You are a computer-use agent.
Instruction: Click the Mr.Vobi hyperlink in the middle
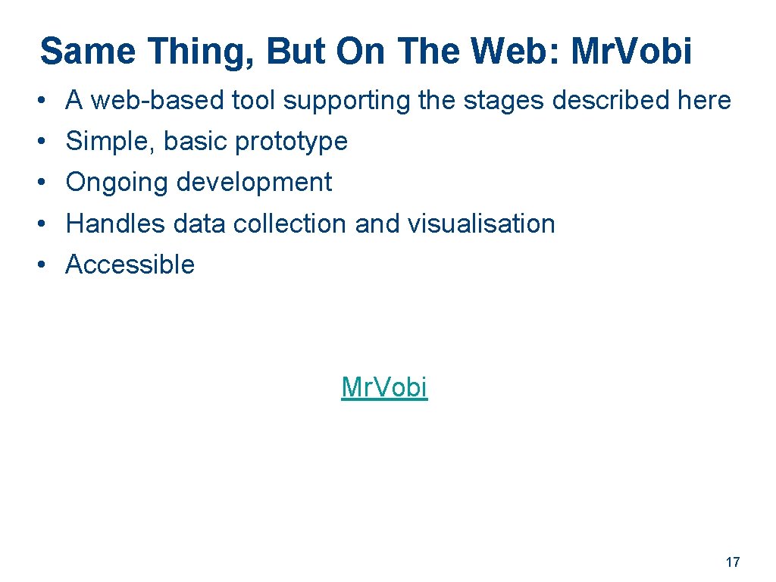coord(384,387)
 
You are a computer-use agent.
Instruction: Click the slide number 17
coord(732,562)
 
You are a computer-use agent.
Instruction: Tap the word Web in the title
coord(515,52)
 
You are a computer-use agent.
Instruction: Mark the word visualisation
coord(481,224)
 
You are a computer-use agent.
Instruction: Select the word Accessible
coord(130,264)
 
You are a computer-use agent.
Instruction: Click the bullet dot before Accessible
coord(45,264)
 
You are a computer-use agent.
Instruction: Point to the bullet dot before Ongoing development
coord(45,183)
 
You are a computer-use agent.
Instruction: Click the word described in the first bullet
coord(612,100)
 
